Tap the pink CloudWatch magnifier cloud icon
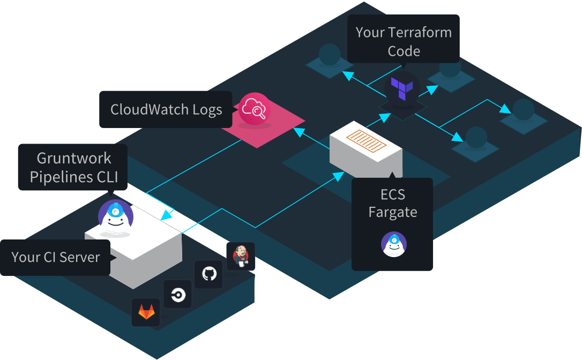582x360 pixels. pyautogui.click(x=255, y=108)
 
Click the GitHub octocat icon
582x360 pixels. pyautogui.click(x=209, y=274)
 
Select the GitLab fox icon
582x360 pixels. pyautogui.click(x=146, y=312)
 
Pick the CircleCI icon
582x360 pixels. pyautogui.click(x=177, y=294)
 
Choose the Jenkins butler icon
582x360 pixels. pyautogui.click(x=241, y=256)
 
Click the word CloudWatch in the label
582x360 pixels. pyautogui.click(x=144, y=110)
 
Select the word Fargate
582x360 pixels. pyautogui.click(x=392, y=213)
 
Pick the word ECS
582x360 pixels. pyautogui.click(x=392, y=194)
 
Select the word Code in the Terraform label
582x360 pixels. pyautogui.click(x=404, y=51)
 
